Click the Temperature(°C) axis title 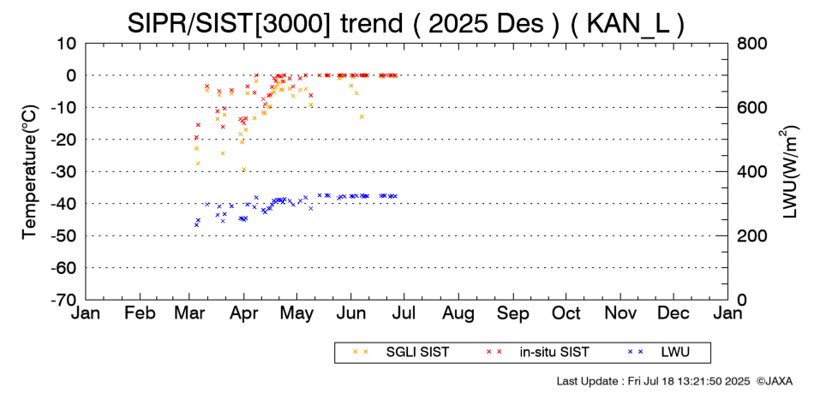pos(29,171)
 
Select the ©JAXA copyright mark pos(775,380)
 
